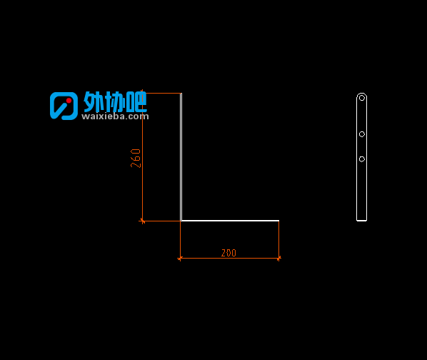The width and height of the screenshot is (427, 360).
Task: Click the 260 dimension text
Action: click(136, 159)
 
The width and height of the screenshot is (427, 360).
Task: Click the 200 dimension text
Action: click(228, 253)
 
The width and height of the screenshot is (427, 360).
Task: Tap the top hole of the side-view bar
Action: click(361, 98)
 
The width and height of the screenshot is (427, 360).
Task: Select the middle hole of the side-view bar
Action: click(361, 134)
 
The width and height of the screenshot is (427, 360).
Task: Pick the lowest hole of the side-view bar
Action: click(361, 159)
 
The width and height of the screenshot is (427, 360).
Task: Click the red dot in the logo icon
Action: click(69, 101)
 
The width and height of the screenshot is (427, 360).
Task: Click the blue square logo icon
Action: click(64, 106)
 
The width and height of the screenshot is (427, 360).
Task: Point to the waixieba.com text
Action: click(115, 116)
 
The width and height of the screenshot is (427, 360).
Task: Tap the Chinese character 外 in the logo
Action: click(94, 101)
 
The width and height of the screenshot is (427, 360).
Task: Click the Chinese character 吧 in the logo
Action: click(136, 101)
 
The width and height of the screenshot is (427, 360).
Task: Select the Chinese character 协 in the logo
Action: click(115, 101)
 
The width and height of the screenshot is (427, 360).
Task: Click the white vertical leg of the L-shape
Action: click(181, 157)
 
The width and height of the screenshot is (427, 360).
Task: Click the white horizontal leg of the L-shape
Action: click(230, 221)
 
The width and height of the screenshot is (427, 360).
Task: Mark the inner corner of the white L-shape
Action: click(181, 220)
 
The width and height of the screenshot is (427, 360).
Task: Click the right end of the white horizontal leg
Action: click(279, 221)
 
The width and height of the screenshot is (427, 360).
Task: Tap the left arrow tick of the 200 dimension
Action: click(180, 258)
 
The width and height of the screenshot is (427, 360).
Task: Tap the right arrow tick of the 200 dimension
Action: click(278, 258)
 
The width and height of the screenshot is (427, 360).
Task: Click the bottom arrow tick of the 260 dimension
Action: click(142, 221)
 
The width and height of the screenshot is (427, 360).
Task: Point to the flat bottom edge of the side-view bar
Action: click(361, 220)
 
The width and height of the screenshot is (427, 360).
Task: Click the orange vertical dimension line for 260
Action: click(142, 157)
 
